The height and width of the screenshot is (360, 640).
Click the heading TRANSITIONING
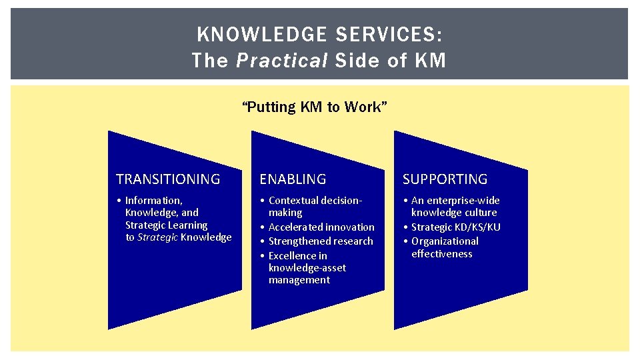point(168,179)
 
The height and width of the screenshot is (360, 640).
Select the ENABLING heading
point(293,179)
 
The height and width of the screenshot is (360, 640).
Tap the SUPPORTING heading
point(445,179)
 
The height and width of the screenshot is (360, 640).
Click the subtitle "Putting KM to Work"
point(315,107)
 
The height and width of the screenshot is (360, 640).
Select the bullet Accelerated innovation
point(321,227)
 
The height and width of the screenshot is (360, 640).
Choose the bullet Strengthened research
point(321,241)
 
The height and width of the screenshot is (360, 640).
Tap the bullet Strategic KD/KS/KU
point(456,227)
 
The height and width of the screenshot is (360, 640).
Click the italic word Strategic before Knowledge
point(157,237)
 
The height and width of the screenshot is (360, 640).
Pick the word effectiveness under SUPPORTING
point(441,254)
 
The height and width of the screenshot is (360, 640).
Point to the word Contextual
point(293,201)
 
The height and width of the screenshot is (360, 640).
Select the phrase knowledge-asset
point(307,268)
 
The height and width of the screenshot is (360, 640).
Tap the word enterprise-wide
point(463,201)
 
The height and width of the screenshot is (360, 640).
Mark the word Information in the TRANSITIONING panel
point(153,201)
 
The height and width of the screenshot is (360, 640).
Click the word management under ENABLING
point(299,281)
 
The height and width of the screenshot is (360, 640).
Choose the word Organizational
point(445,241)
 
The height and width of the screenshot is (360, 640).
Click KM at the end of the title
point(430,61)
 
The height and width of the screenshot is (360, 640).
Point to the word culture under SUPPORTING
point(481,213)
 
